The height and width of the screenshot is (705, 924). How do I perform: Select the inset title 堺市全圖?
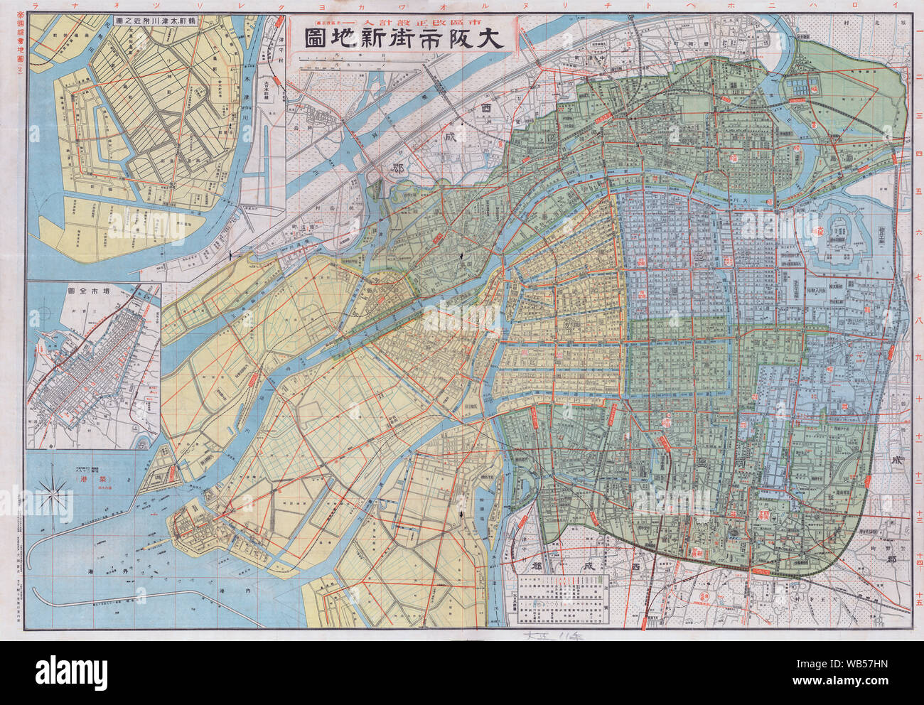(93, 291)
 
